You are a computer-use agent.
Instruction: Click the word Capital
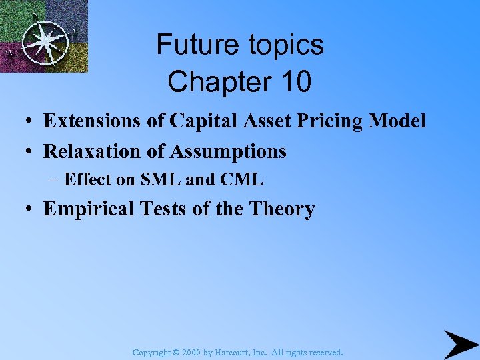200,121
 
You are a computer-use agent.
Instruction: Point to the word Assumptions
228,151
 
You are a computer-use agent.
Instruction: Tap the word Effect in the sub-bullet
86,179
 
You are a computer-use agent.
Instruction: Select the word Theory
282,209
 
